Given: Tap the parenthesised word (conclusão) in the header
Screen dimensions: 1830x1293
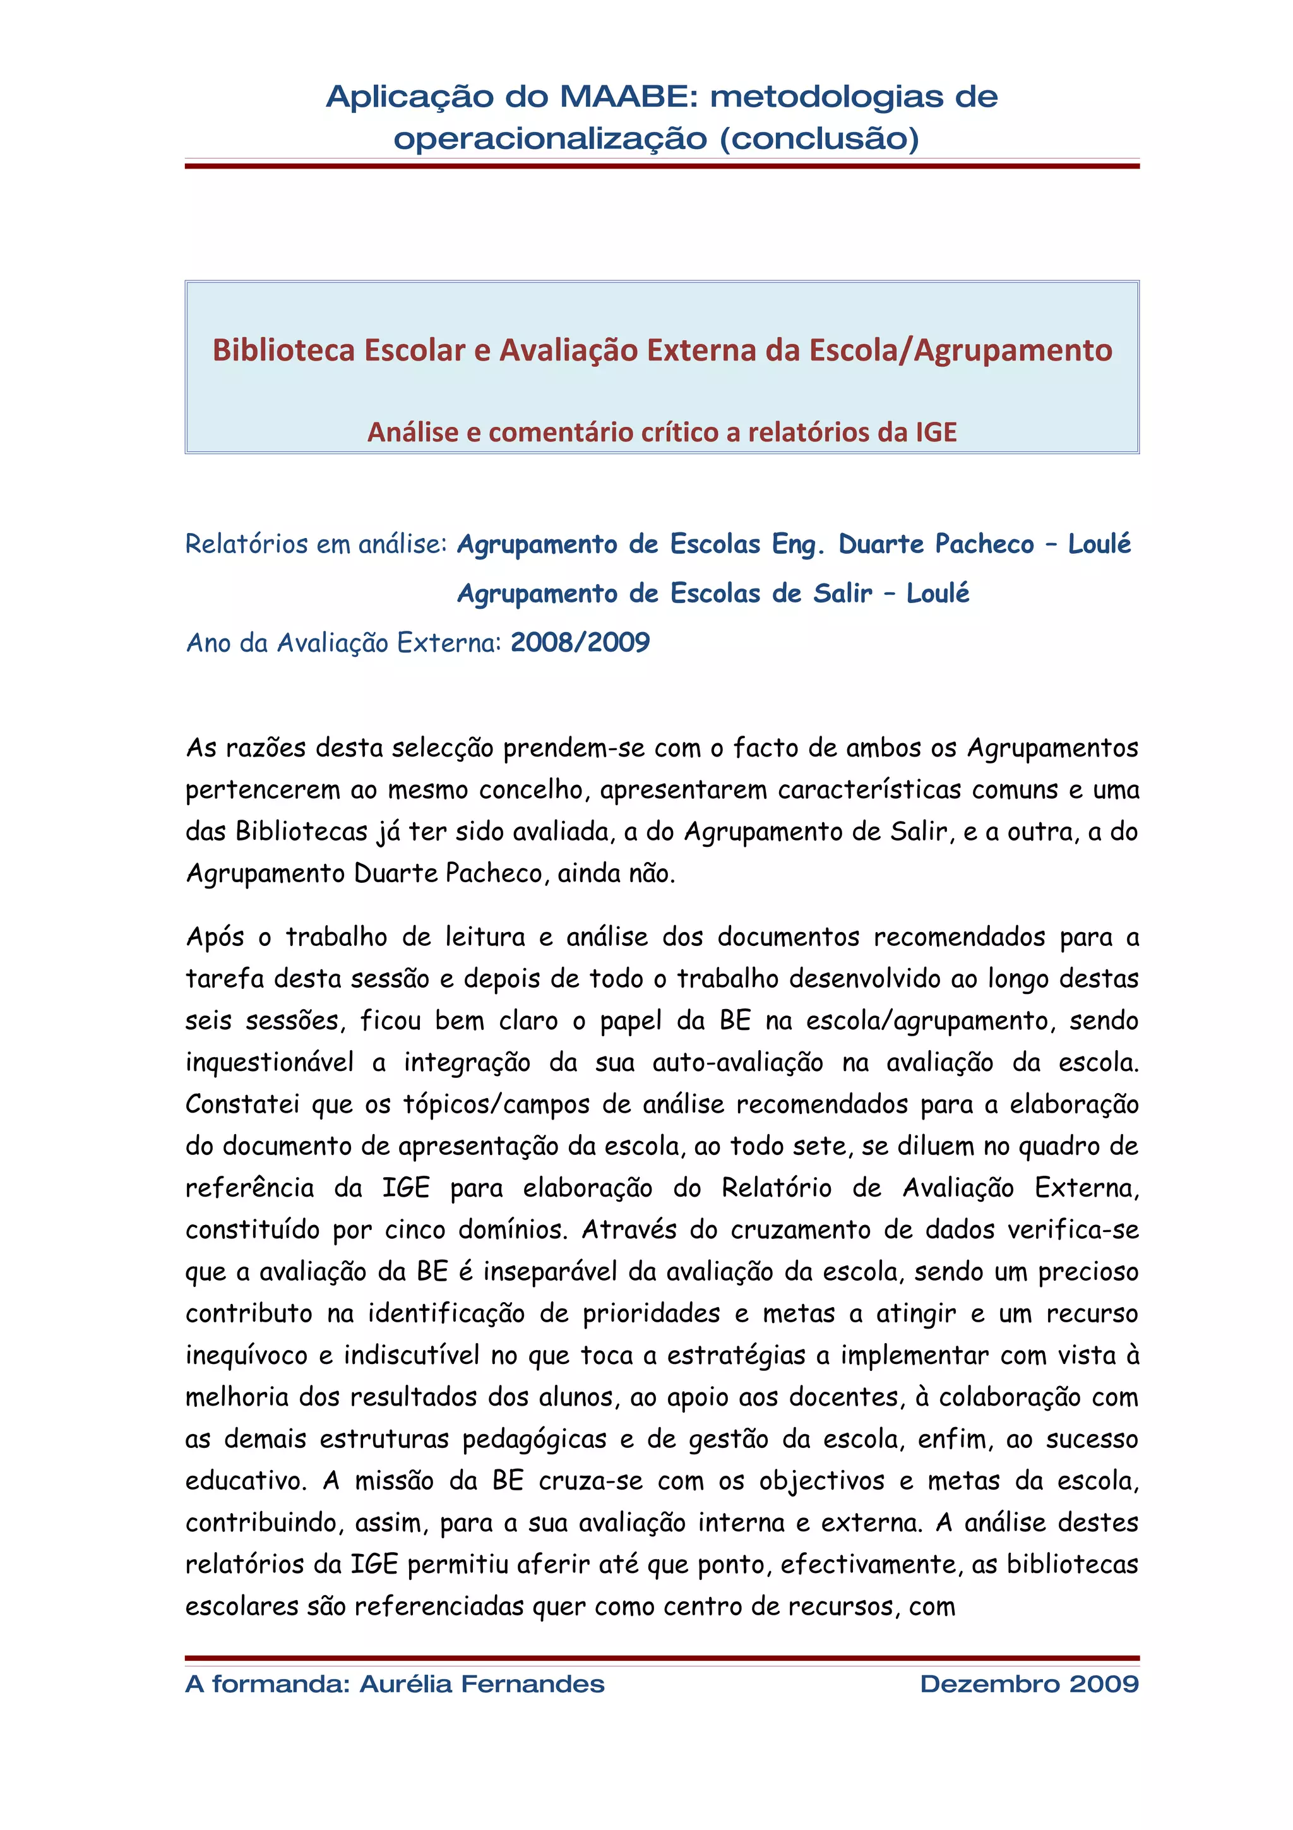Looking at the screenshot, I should pyautogui.click(x=819, y=139).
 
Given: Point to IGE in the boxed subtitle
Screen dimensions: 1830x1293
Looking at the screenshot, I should pyautogui.click(x=935, y=432).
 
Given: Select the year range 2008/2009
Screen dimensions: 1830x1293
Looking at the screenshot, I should pyautogui.click(x=580, y=642).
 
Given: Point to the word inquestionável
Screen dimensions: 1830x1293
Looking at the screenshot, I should pyautogui.click(x=270, y=1063).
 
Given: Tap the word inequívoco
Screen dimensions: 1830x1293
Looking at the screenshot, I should pyautogui.click(x=246, y=1355).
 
